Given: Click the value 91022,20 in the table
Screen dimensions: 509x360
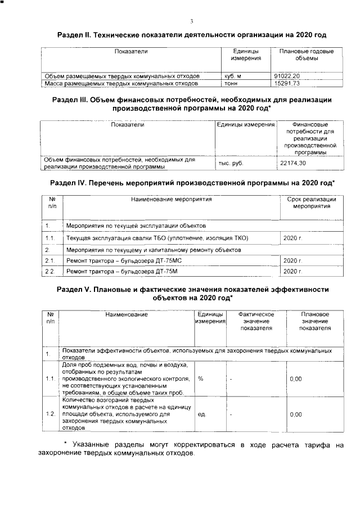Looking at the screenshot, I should tap(286, 75).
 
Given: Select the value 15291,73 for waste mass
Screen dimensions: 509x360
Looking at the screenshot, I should tap(286, 83).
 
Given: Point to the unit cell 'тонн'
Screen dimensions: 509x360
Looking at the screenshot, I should tap(231, 83).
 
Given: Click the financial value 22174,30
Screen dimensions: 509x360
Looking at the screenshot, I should tap(292, 163).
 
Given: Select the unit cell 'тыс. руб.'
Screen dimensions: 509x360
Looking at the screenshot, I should tap(231, 163).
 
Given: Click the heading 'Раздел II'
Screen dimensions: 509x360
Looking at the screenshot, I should tap(192, 35).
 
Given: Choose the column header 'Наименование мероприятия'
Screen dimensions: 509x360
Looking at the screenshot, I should tap(171, 199).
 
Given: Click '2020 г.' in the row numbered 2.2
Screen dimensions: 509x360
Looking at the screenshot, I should tap(293, 272).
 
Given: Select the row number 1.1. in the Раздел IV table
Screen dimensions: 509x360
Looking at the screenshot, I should tap(49, 238).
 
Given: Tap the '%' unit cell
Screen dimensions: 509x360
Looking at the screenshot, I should tap(201, 379).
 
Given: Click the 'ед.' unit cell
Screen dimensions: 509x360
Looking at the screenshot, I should tap(202, 414).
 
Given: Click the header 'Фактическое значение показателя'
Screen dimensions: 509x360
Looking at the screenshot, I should tap(256, 321).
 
